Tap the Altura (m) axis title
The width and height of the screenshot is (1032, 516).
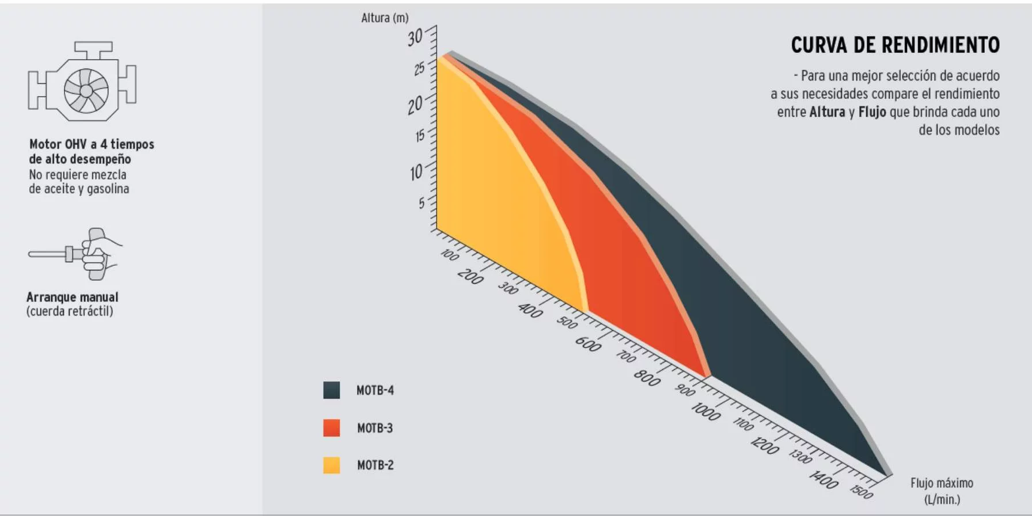(x=385, y=18)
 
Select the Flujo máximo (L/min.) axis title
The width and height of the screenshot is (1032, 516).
(x=942, y=491)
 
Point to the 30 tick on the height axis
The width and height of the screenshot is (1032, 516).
(x=416, y=37)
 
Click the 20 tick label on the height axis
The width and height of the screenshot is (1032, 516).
(x=415, y=105)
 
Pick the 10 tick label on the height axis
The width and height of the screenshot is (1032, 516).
(x=416, y=172)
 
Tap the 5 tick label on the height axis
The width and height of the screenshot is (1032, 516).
(x=422, y=202)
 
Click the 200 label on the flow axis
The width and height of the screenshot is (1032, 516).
(x=471, y=277)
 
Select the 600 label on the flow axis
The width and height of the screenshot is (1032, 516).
(x=588, y=343)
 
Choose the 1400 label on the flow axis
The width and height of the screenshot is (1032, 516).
(x=824, y=479)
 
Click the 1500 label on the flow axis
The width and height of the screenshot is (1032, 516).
(x=862, y=491)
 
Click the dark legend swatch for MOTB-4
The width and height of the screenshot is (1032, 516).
(x=332, y=390)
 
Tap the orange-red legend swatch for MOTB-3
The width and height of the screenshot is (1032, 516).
(x=332, y=427)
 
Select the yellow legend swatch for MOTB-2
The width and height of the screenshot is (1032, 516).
(x=332, y=465)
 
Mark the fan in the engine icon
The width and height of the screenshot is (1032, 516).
(x=86, y=90)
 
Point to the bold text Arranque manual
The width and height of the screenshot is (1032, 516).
(x=73, y=297)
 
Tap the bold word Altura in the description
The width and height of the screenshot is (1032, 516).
(x=827, y=112)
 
